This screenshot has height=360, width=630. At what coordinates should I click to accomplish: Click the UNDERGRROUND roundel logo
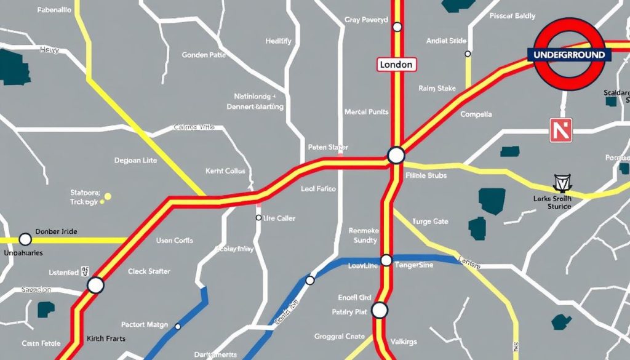(x=568, y=55)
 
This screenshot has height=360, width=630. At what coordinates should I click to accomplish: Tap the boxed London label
(x=396, y=65)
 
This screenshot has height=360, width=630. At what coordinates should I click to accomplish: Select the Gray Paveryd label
(x=366, y=20)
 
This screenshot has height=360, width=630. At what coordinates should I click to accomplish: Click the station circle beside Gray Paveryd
(x=397, y=26)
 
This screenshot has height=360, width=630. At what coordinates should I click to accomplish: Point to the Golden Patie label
(x=204, y=55)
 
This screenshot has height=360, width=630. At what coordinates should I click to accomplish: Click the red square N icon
(x=560, y=130)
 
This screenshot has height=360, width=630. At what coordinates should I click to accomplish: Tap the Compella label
(x=476, y=114)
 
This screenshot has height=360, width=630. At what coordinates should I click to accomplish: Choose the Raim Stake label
(x=437, y=89)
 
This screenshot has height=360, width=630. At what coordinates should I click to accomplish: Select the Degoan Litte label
(x=135, y=161)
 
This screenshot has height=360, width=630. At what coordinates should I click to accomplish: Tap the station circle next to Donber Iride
(x=25, y=239)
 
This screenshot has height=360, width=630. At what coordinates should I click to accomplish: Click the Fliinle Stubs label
(x=426, y=175)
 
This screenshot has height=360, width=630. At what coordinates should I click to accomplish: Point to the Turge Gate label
(x=430, y=222)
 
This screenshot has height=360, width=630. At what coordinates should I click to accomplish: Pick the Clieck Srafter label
(x=149, y=271)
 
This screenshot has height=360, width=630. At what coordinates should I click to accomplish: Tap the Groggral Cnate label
(x=340, y=337)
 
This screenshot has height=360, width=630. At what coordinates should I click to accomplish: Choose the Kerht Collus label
(x=225, y=171)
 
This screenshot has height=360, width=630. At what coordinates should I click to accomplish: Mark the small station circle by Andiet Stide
(x=468, y=54)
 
